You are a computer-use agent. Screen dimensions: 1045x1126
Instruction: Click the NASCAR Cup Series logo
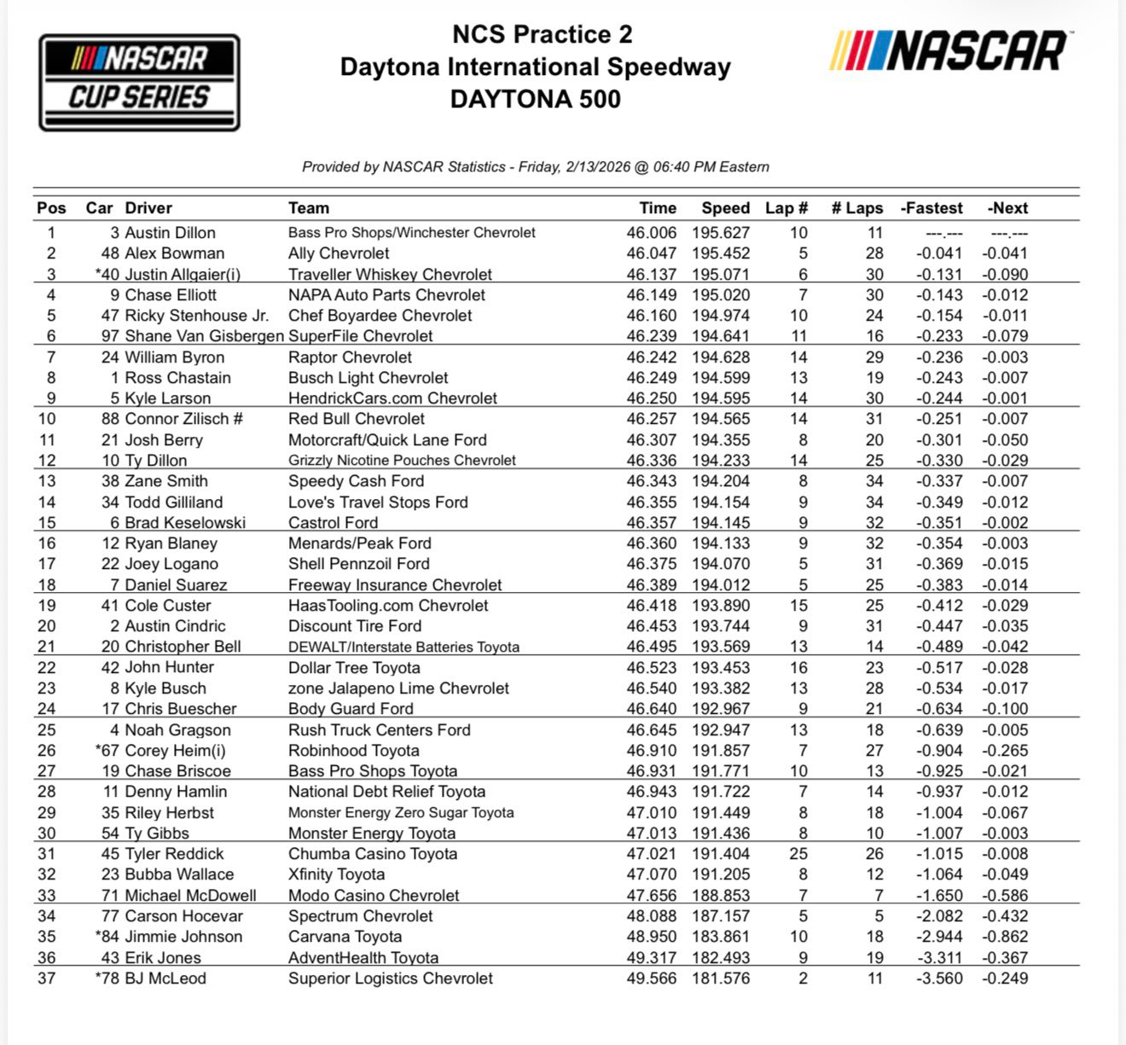pyautogui.click(x=139, y=83)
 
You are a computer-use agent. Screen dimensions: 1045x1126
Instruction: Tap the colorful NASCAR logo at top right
pyautogui.click(x=949, y=51)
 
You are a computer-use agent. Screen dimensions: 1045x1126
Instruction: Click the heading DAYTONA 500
pyautogui.click(x=535, y=99)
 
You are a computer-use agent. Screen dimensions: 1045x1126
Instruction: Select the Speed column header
pyautogui.click(x=725, y=208)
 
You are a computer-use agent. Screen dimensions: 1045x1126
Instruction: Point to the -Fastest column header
pyautogui.click(x=932, y=208)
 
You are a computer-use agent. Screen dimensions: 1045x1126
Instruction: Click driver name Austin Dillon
pyautogui.click(x=170, y=233)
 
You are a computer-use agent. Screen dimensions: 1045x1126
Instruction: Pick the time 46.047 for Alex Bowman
pyautogui.click(x=651, y=253)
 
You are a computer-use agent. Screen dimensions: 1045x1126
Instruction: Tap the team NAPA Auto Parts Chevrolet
pyautogui.click(x=386, y=295)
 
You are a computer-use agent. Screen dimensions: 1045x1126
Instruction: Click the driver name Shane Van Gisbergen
pyautogui.click(x=204, y=336)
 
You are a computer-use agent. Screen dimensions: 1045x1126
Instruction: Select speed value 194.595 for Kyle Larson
pyautogui.click(x=721, y=398)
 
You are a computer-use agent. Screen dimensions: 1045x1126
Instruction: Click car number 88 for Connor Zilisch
pyautogui.click(x=110, y=419)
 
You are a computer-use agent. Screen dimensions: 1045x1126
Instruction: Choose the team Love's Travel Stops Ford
pyautogui.click(x=378, y=502)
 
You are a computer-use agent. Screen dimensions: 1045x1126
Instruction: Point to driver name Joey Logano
pyautogui.click(x=171, y=564)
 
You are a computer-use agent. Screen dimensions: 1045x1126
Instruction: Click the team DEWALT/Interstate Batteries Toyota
pyautogui.click(x=403, y=647)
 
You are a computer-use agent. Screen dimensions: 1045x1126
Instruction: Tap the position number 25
pyautogui.click(x=46, y=730)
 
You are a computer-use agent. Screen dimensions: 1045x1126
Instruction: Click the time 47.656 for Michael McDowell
pyautogui.click(x=651, y=896)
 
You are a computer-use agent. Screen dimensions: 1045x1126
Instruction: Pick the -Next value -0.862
pyautogui.click(x=1004, y=937)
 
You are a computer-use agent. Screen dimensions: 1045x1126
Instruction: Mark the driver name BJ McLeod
pyautogui.click(x=165, y=978)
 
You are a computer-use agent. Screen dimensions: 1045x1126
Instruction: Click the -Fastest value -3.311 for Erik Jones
pyautogui.click(x=938, y=958)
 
